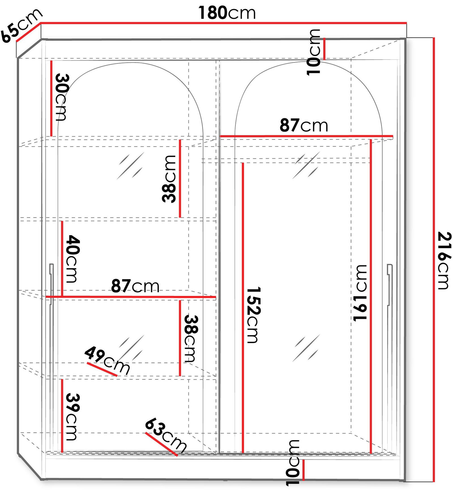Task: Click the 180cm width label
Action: tap(227, 13)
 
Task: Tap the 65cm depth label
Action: tap(21, 25)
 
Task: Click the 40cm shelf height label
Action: tap(72, 259)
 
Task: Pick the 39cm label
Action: tap(72, 417)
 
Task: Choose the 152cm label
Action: tap(253, 315)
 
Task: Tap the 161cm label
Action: tap(360, 293)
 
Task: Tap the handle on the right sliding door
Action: tap(390, 285)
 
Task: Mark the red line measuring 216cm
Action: tap(433, 259)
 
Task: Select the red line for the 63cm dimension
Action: tap(161, 444)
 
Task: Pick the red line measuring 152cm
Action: tap(243, 308)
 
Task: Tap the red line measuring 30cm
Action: tap(51, 98)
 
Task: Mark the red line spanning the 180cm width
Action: tap(224, 23)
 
